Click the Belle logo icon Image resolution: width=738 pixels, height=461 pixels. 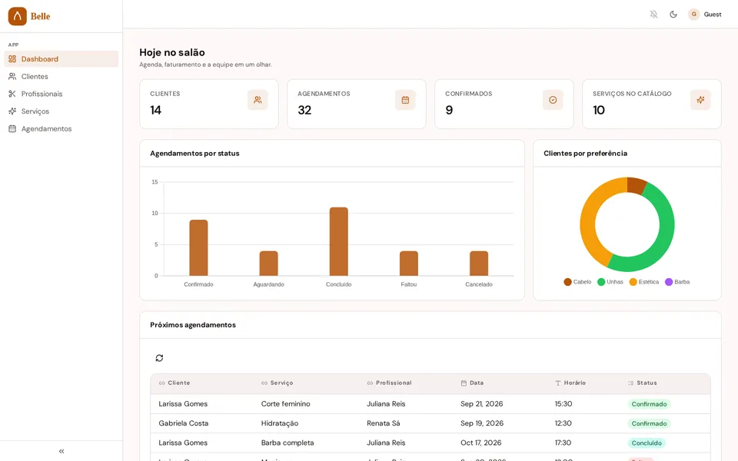point(18,16)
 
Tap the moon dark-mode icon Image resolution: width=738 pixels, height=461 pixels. point(673,15)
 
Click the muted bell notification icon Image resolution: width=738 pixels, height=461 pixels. point(653,15)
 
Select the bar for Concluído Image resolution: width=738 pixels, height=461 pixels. point(339,241)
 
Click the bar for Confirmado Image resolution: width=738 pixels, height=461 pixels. point(198,247)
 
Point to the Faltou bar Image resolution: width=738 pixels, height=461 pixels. point(408,264)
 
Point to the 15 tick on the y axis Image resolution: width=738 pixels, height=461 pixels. point(155,182)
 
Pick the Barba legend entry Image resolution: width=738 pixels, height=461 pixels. point(677,282)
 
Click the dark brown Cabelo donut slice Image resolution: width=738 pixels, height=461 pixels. point(637,185)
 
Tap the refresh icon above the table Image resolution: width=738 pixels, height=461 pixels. point(160,358)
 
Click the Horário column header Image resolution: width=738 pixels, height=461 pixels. point(570,383)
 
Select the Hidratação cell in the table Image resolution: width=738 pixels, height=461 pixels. point(280,423)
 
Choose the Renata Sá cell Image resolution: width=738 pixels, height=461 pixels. point(383,423)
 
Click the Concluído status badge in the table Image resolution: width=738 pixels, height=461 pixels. point(647,443)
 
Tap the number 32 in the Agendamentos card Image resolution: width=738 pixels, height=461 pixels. point(304,110)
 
